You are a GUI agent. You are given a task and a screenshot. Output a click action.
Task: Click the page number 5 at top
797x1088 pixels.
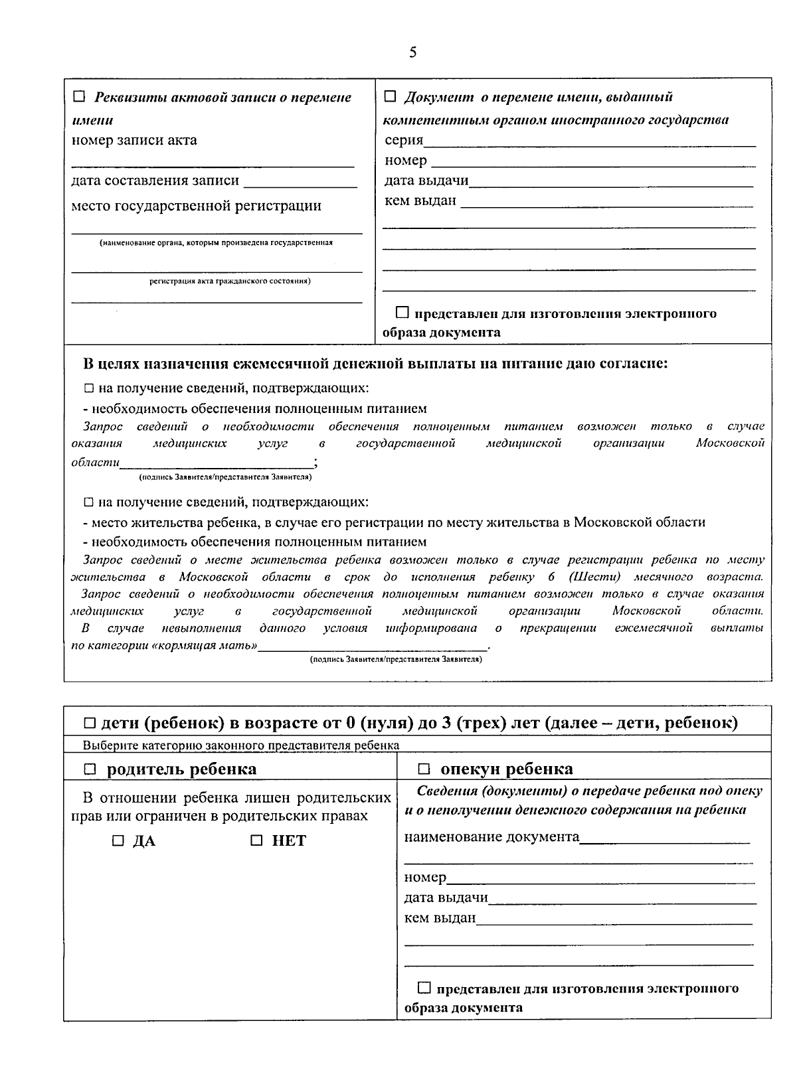click(x=412, y=52)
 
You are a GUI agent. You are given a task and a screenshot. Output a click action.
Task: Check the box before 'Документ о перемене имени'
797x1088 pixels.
click(x=391, y=97)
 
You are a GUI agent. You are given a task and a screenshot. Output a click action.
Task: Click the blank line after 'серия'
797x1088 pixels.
click(x=589, y=141)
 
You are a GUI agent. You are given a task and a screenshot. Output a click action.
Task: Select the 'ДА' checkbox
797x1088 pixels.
click(x=118, y=841)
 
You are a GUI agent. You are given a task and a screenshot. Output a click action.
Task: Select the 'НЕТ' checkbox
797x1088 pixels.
click(x=257, y=841)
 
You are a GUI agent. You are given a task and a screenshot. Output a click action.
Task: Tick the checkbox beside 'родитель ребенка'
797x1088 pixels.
click(x=91, y=769)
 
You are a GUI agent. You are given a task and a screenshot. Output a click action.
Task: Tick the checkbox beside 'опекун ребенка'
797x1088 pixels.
click(x=424, y=769)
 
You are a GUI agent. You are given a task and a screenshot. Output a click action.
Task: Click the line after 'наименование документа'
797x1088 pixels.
click(x=664, y=838)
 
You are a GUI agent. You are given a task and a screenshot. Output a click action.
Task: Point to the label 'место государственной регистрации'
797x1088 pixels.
click(x=196, y=206)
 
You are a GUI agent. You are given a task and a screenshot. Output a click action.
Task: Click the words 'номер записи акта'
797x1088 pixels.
click(x=134, y=140)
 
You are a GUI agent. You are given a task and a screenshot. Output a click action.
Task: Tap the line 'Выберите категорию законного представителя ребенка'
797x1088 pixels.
click(x=240, y=745)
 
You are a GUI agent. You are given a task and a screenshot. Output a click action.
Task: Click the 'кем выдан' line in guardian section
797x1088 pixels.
click(x=614, y=919)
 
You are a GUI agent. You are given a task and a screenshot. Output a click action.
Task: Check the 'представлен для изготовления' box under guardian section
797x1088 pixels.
click(x=424, y=988)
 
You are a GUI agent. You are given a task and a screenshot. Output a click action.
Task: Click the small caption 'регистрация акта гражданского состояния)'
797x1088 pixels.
click(x=230, y=281)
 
